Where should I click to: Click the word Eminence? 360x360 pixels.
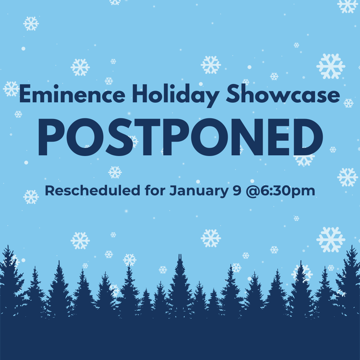click(72, 95)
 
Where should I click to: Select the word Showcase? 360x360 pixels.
click(283, 95)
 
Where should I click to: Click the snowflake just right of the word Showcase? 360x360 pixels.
click(348, 103)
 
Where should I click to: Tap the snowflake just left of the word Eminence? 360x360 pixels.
click(11, 89)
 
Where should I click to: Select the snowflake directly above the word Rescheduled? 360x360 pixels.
click(115, 172)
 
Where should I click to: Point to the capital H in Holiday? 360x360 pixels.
click(141, 95)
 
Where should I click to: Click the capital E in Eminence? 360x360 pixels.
click(25, 95)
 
